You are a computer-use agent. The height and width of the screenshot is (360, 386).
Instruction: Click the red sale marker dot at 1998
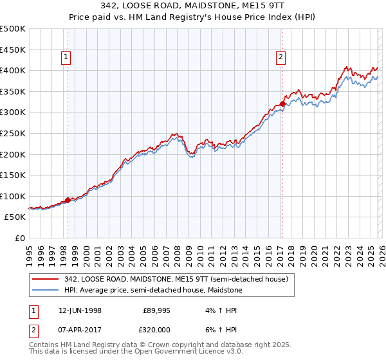(68, 200)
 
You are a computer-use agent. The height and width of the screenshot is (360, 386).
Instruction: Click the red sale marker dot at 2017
(282, 104)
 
